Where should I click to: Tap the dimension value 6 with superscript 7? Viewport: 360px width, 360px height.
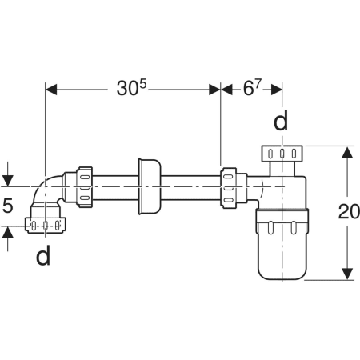point(252,87)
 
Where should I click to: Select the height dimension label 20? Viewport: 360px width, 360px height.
point(349,211)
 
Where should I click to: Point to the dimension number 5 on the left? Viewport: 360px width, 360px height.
point(8,206)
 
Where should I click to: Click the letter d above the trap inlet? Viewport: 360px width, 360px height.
point(281,121)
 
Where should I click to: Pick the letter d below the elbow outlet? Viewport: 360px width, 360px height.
point(43,255)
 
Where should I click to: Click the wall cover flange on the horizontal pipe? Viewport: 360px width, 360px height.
point(150,186)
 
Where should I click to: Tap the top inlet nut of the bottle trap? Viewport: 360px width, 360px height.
point(282,153)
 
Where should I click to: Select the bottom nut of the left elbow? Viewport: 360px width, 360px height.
point(46,226)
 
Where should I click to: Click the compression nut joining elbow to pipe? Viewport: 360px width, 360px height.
point(84,187)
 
